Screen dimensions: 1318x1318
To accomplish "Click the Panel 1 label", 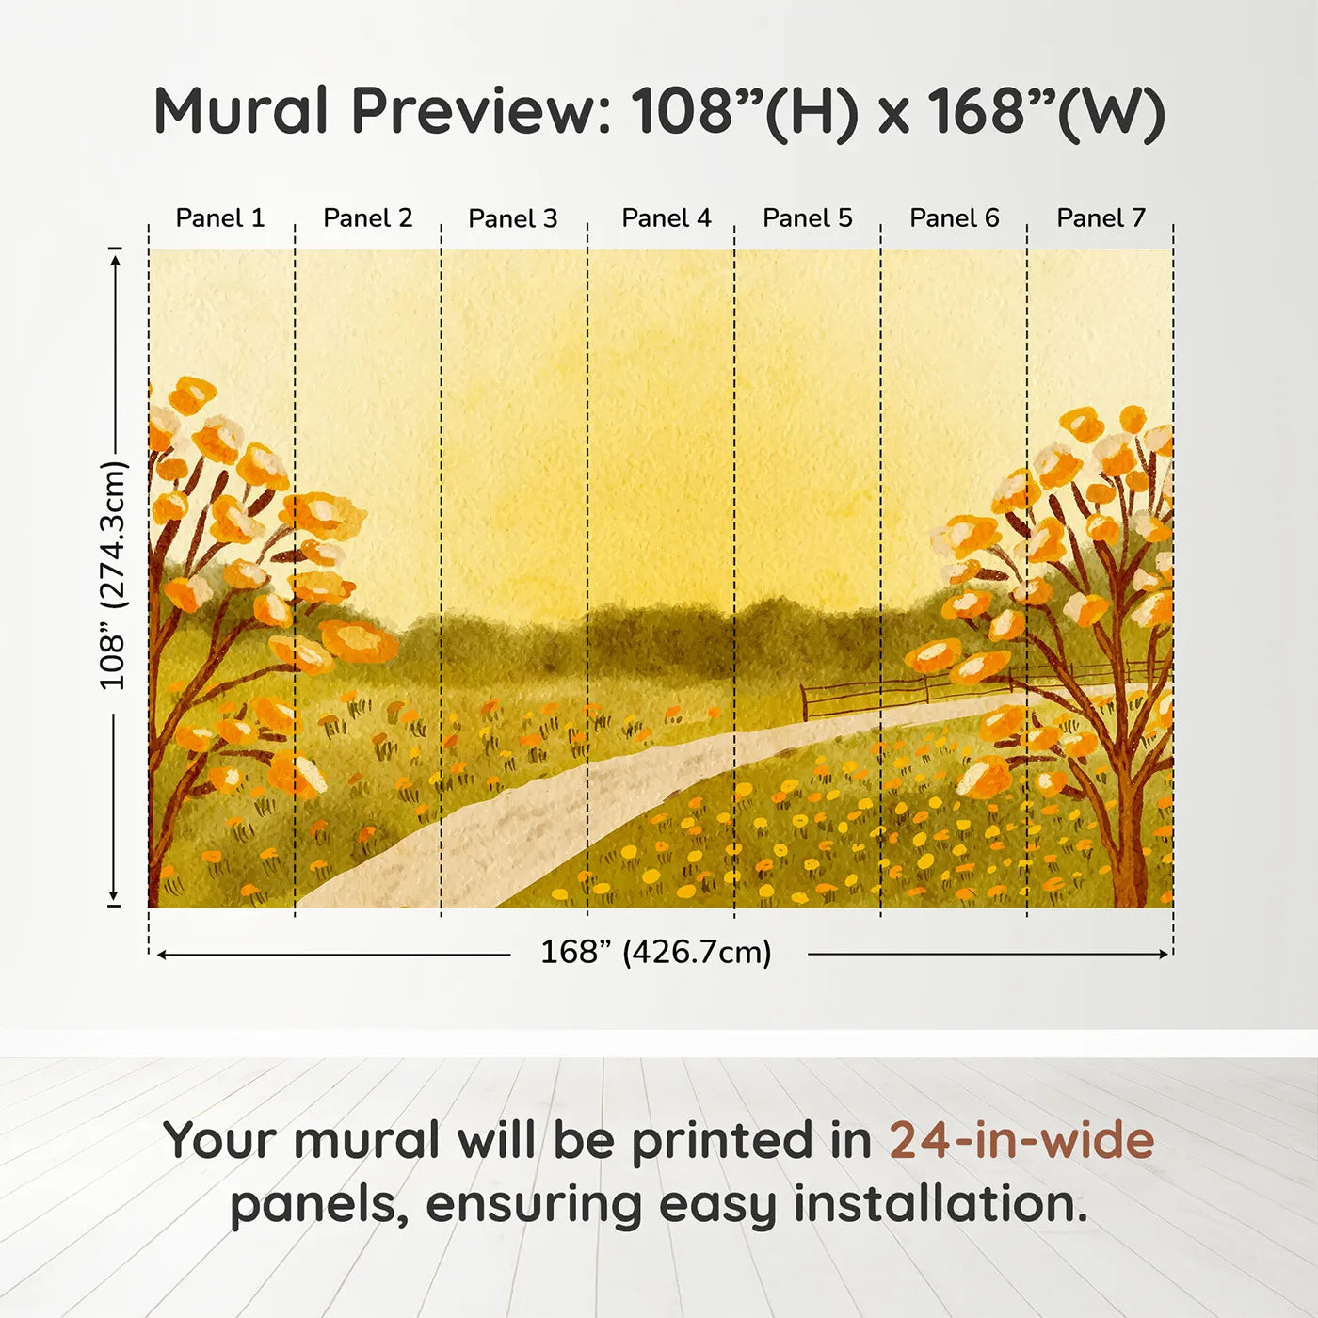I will [x=220, y=218].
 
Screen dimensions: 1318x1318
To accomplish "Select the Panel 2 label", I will [x=368, y=218].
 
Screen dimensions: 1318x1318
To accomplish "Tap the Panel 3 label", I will [x=513, y=218].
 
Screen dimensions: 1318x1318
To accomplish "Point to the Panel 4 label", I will [x=667, y=218].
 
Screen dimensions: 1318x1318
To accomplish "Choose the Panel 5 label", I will [x=808, y=218].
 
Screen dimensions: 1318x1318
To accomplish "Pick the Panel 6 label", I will [x=955, y=218].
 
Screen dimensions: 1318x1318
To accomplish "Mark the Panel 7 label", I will [x=1101, y=218].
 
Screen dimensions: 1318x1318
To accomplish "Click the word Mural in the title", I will [x=241, y=111].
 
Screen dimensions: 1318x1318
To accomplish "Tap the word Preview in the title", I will [x=481, y=111].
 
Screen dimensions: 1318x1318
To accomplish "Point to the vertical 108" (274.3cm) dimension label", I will [x=113, y=575].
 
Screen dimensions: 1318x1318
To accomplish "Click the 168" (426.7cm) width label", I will [x=656, y=953].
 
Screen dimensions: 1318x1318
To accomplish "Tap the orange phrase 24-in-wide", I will [x=1021, y=1141].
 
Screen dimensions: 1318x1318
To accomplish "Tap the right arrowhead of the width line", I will [x=1165, y=955].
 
